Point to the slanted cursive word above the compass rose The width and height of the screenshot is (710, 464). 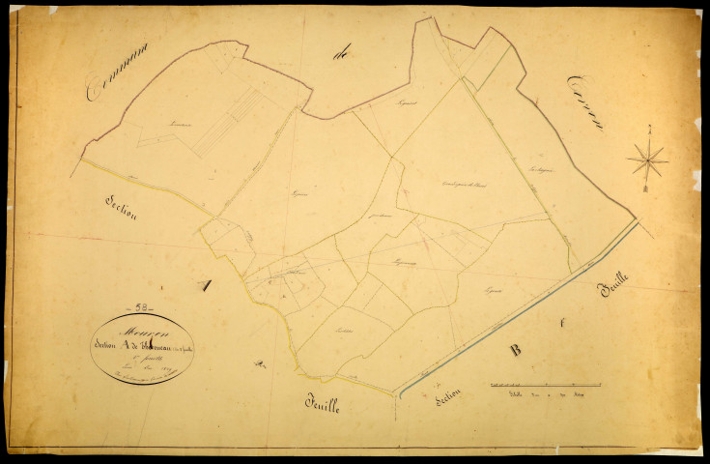[x=585, y=101]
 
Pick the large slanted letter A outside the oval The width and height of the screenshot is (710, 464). [x=204, y=285]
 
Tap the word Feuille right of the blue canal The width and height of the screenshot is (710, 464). [x=613, y=289]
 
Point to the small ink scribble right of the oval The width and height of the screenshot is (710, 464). [x=258, y=364]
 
